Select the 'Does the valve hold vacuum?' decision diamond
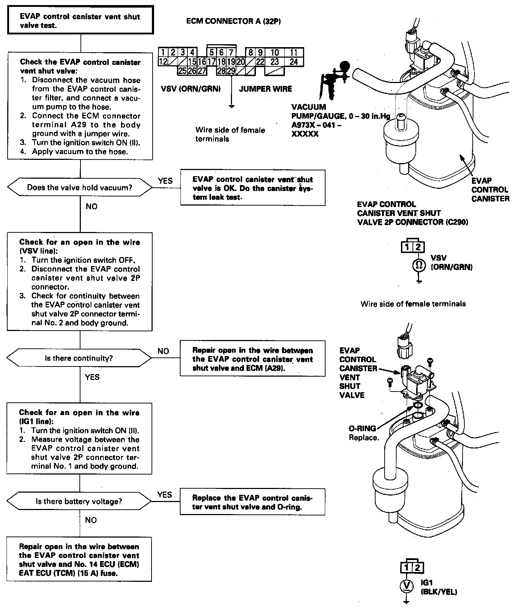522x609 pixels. tap(80, 187)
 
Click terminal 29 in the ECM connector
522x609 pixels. tap(231, 71)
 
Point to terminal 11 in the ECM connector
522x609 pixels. tap(294, 53)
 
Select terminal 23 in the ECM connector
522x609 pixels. tap(275, 62)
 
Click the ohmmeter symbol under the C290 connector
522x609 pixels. tap(418, 266)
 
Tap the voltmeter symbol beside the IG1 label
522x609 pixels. tap(407, 585)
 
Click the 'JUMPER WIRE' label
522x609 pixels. tap(265, 89)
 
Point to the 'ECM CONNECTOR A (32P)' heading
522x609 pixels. tap(233, 21)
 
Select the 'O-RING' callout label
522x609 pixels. tap(362, 428)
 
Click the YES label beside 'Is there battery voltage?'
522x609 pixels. tap(165, 495)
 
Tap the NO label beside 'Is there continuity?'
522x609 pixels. tap(163, 351)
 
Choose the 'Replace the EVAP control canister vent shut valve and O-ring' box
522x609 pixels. tap(252, 502)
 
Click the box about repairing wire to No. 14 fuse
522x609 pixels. tap(79, 559)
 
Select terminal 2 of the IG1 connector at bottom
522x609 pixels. tap(417, 568)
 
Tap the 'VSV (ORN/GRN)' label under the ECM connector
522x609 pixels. tap(191, 89)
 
